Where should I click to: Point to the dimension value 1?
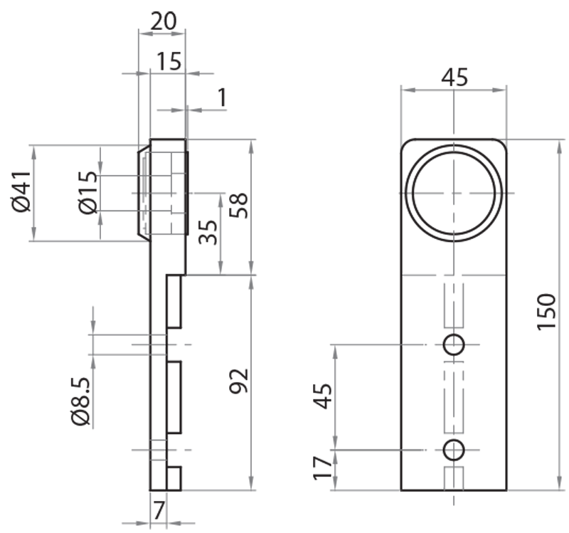pyautogui.click(x=222, y=97)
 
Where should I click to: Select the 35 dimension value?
pyautogui.click(x=207, y=232)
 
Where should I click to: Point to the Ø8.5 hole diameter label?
pyautogui.click(x=81, y=402)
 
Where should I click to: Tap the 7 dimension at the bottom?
pyautogui.click(x=159, y=510)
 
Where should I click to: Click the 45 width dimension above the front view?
pyautogui.click(x=453, y=77)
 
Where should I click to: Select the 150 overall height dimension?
pyautogui.click(x=546, y=311)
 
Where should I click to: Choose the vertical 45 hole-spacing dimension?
pyautogui.click(x=324, y=396)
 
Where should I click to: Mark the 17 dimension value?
pyautogui.click(x=324, y=468)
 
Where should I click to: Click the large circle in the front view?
pyautogui.click(x=453, y=194)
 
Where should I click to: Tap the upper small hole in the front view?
pyautogui.click(x=453, y=344)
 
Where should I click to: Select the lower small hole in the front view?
pyautogui.click(x=453, y=449)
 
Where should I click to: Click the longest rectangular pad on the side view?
pyautogui.click(x=174, y=396)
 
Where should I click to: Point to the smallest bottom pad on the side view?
pyautogui.click(x=174, y=477)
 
